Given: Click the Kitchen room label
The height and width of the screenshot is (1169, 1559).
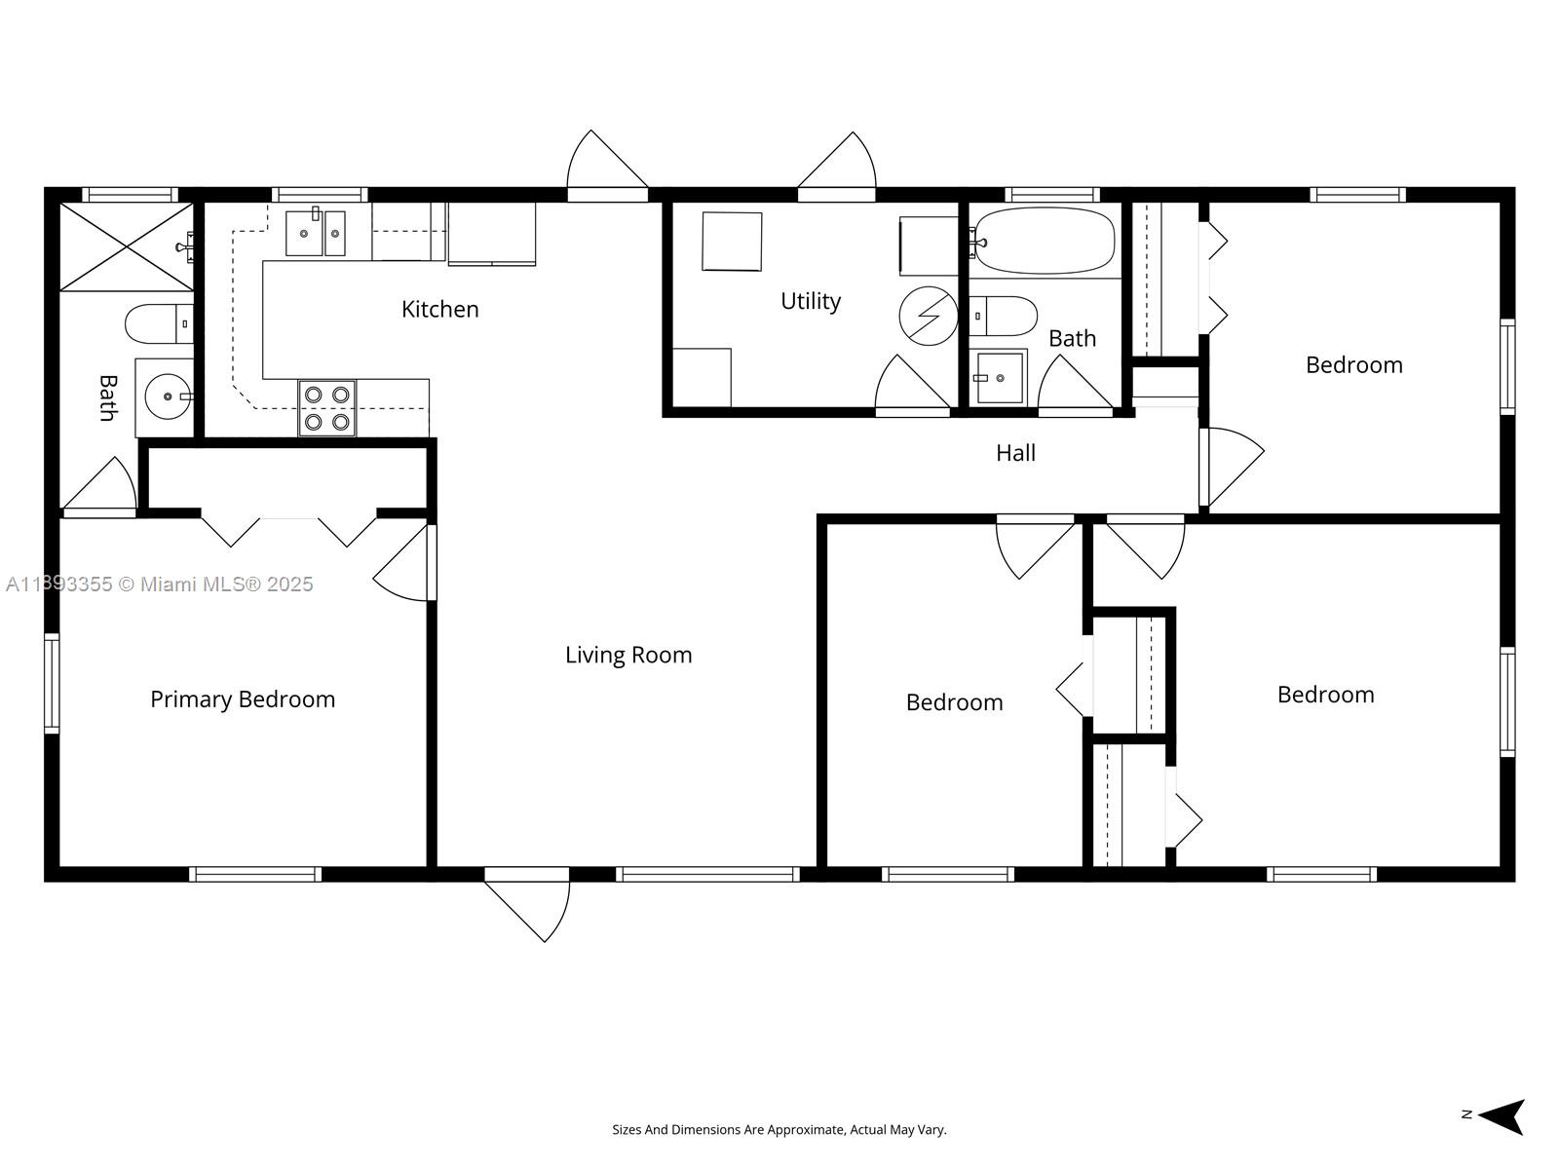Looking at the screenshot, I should (x=439, y=309).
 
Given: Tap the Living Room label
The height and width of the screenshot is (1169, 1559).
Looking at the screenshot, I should (x=628, y=655).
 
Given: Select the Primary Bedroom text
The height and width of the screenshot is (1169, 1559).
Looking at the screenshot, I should (x=243, y=699).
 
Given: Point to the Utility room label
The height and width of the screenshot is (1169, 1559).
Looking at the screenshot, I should (x=810, y=301).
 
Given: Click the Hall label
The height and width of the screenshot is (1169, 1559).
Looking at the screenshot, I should (x=1015, y=453).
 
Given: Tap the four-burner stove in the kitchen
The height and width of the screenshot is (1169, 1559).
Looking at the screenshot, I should (x=326, y=408).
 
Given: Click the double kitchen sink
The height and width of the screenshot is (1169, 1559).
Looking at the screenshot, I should (x=315, y=233).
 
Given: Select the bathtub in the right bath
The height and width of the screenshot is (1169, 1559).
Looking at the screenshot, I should (x=1046, y=240).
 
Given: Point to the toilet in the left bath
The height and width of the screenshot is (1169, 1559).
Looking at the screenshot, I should (x=156, y=323).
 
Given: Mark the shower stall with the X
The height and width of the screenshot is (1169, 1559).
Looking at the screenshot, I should (x=127, y=246).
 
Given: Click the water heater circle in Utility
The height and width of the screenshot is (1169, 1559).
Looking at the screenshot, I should (x=928, y=315).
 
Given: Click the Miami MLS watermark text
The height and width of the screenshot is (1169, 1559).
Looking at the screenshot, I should (x=159, y=584).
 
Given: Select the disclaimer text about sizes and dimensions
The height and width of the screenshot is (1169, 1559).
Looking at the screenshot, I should (x=779, y=1130).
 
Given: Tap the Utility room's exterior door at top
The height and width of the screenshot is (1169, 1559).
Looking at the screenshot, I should (x=838, y=166).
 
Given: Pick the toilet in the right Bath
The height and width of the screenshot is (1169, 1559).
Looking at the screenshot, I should (x=1004, y=316).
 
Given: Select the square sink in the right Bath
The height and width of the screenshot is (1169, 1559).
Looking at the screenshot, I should (x=998, y=377).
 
